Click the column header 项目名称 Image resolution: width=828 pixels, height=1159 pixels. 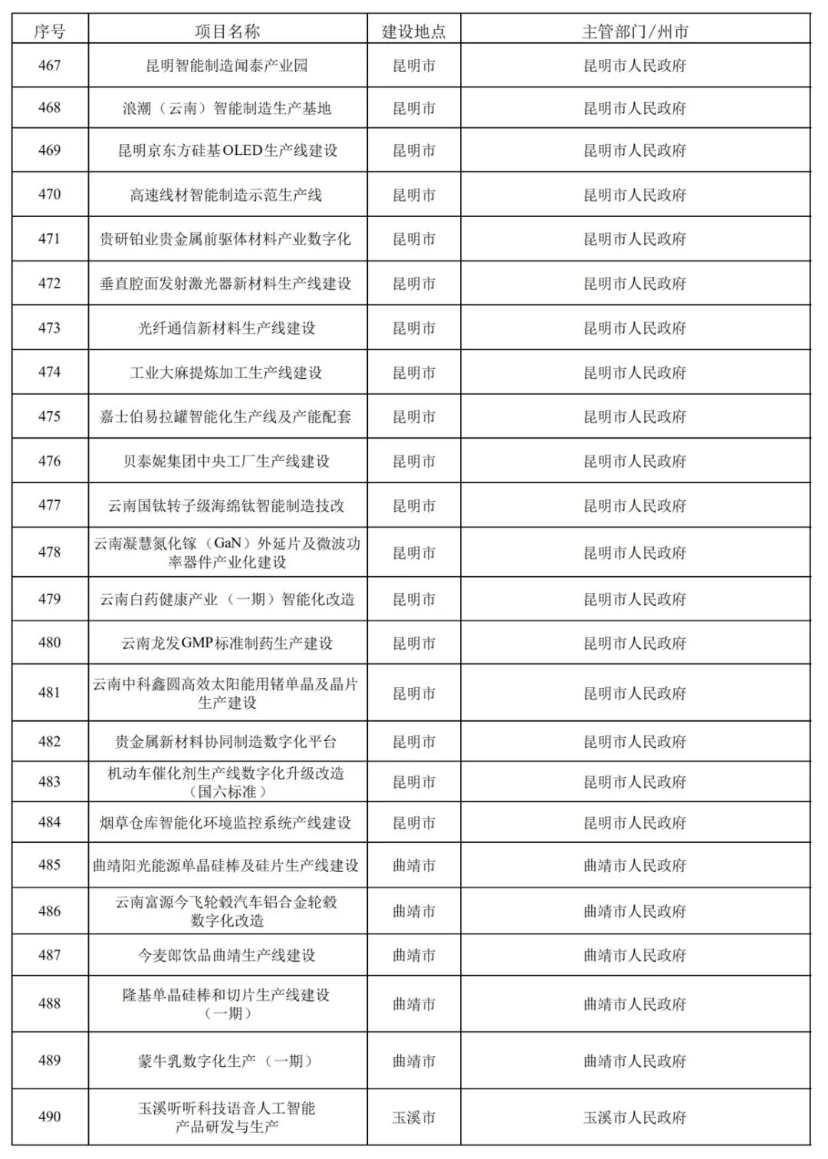(228, 31)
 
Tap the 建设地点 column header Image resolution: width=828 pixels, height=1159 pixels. (414, 31)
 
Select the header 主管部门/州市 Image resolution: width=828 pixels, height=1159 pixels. (635, 31)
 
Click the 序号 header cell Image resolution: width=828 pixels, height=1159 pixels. (50, 31)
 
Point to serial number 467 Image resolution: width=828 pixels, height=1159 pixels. (50, 66)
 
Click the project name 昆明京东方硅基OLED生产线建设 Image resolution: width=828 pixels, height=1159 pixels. (228, 151)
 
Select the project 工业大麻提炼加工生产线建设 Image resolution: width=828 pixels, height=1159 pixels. (228, 373)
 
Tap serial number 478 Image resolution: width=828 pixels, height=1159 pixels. (50, 552)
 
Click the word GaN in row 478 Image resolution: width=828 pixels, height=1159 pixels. (228, 543)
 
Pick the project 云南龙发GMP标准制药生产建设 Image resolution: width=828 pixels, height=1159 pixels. (228, 644)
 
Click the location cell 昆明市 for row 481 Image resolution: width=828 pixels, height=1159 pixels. (414, 693)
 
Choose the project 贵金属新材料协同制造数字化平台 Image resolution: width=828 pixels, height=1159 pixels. (228, 742)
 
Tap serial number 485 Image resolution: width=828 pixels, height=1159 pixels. (50, 865)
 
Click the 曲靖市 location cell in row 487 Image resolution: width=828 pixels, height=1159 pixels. (414, 955)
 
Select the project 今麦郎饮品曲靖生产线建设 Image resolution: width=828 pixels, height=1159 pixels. (228, 955)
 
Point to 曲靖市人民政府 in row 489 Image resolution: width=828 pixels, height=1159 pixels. (635, 1061)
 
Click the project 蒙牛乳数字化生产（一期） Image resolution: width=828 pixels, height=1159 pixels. (228, 1061)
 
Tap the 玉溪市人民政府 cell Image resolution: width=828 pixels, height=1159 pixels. (635, 1118)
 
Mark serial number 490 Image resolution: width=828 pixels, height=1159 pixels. (50, 1118)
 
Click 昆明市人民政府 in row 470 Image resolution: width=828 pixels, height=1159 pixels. (635, 195)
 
